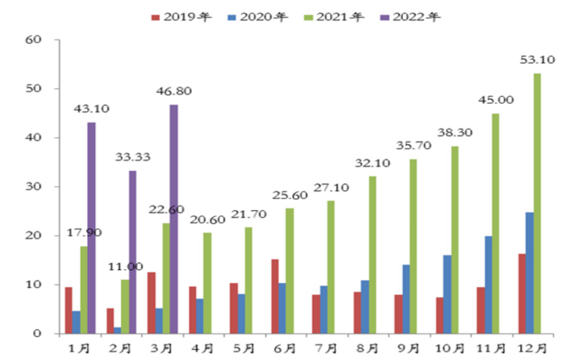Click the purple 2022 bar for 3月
pos(174,219)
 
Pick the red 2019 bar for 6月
pos(274,296)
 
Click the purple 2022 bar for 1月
pos(91,228)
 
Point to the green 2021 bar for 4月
pos(207,283)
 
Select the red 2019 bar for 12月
pos(521,294)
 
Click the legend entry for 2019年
pos(181,17)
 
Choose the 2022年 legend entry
pos(410,17)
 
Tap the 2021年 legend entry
pos(334,17)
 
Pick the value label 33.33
pos(133,157)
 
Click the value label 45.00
pos(496,101)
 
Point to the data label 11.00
pos(125,267)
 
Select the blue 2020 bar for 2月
pos(117,330)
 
